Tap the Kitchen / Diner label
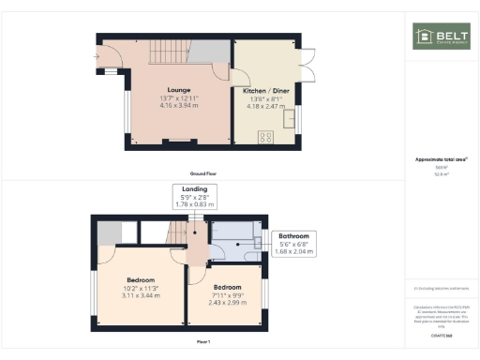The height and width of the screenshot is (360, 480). pos(266,90)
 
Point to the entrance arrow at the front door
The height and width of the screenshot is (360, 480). pos(97,57)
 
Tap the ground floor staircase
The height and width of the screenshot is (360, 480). pos(168,51)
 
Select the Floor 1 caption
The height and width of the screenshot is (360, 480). pos(202,342)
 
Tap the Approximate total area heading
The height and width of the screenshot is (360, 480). pos(442,160)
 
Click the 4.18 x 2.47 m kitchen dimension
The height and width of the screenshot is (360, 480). pos(266,106)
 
